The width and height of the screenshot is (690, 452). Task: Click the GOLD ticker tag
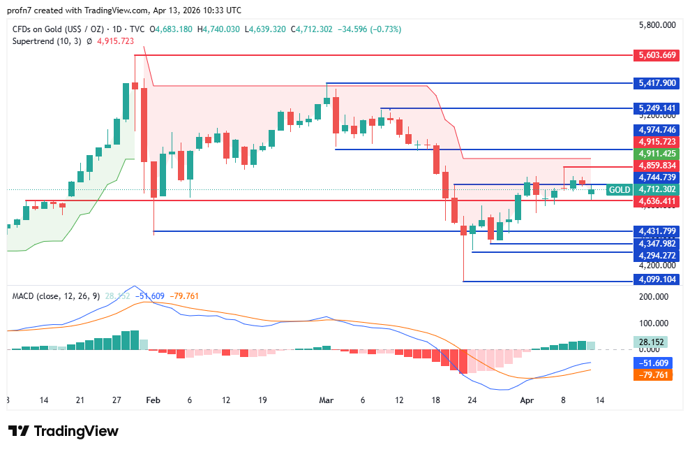tap(619, 189)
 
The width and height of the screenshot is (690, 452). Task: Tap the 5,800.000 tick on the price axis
tap(657, 25)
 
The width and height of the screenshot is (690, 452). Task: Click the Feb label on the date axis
tap(153, 400)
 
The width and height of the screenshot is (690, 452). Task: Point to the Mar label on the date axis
tap(326, 400)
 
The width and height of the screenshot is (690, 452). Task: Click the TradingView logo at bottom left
tap(63, 431)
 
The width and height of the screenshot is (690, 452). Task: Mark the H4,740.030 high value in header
tap(218, 29)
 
